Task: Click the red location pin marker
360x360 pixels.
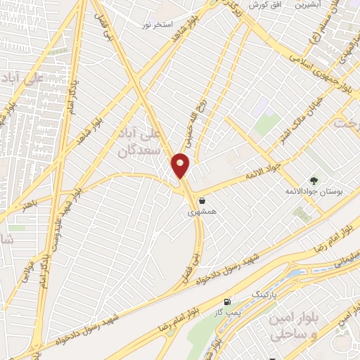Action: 181,166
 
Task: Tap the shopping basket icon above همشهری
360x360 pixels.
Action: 202,200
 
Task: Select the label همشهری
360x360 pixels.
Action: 198,210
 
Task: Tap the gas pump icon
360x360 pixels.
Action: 226,302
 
